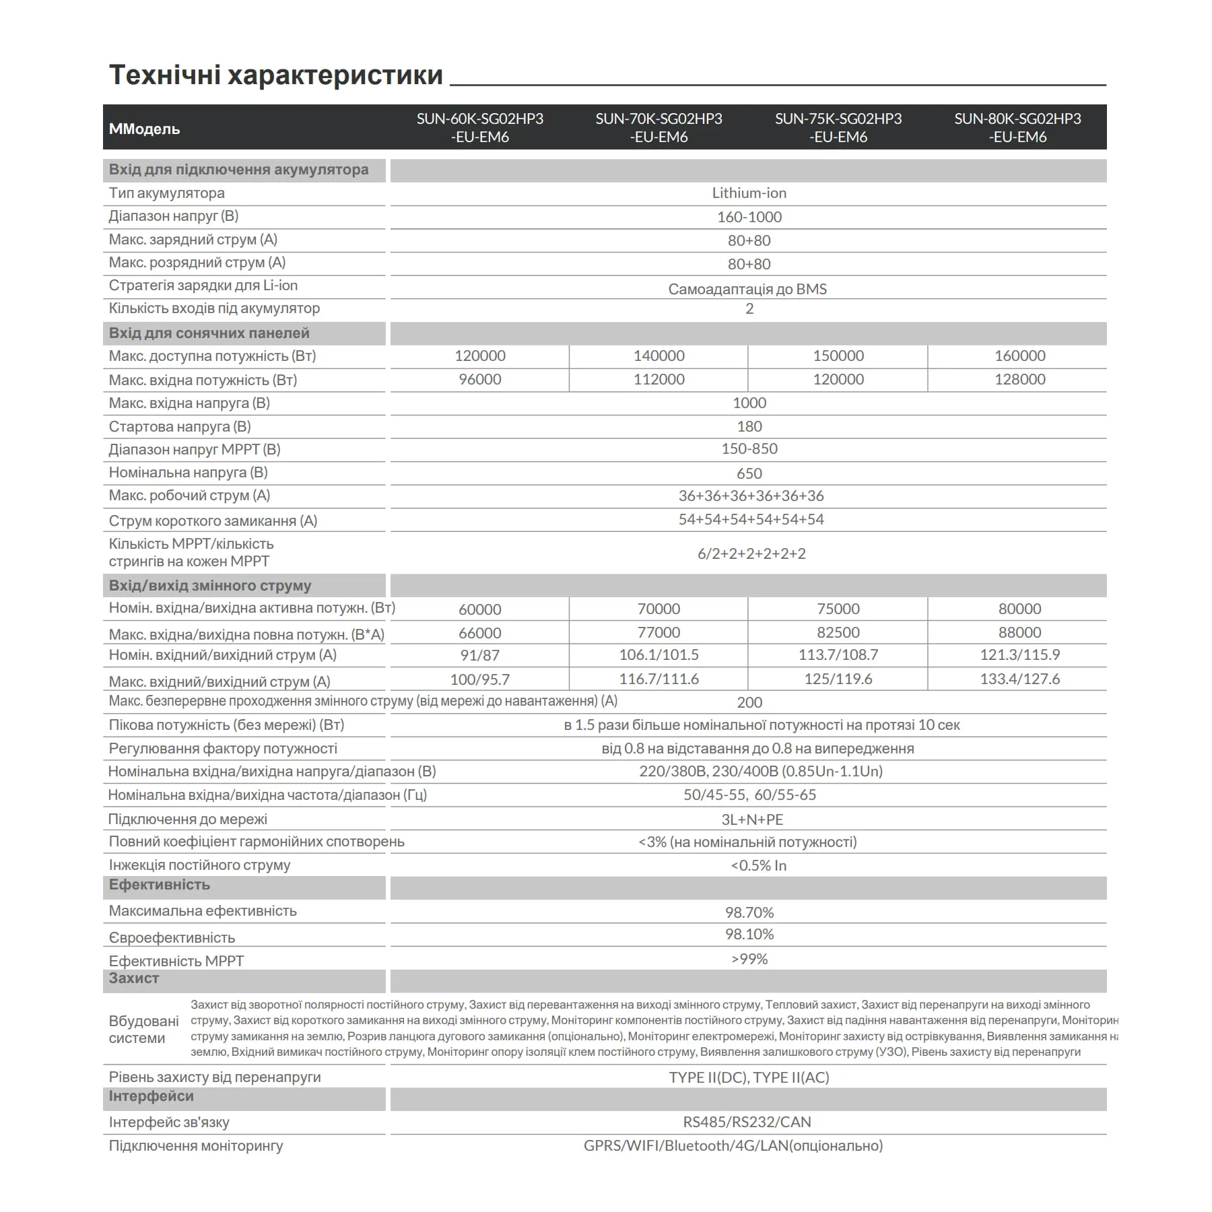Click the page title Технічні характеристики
click(276, 75)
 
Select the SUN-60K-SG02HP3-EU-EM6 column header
click(479, 127)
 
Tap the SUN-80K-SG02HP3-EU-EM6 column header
click(1017, 127)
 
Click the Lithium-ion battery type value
click(749, 193)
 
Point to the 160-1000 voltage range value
click(749, 217)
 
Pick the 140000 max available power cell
click(659, 356)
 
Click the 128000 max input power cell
click(1019, 379)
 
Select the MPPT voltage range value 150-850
click(749, 448)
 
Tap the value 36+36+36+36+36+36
click(751, 496)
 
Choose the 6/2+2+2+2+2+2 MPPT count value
click(751, 553)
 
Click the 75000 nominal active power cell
click(838, 609)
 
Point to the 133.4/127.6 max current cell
click(1019, 679)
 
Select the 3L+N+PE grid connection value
click(752, 819)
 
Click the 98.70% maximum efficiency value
click(749, 912)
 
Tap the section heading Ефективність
click(160, 885)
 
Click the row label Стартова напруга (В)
click(180, 426)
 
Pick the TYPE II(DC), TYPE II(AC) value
click(749, 1077)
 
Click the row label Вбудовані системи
click(143, 1030)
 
